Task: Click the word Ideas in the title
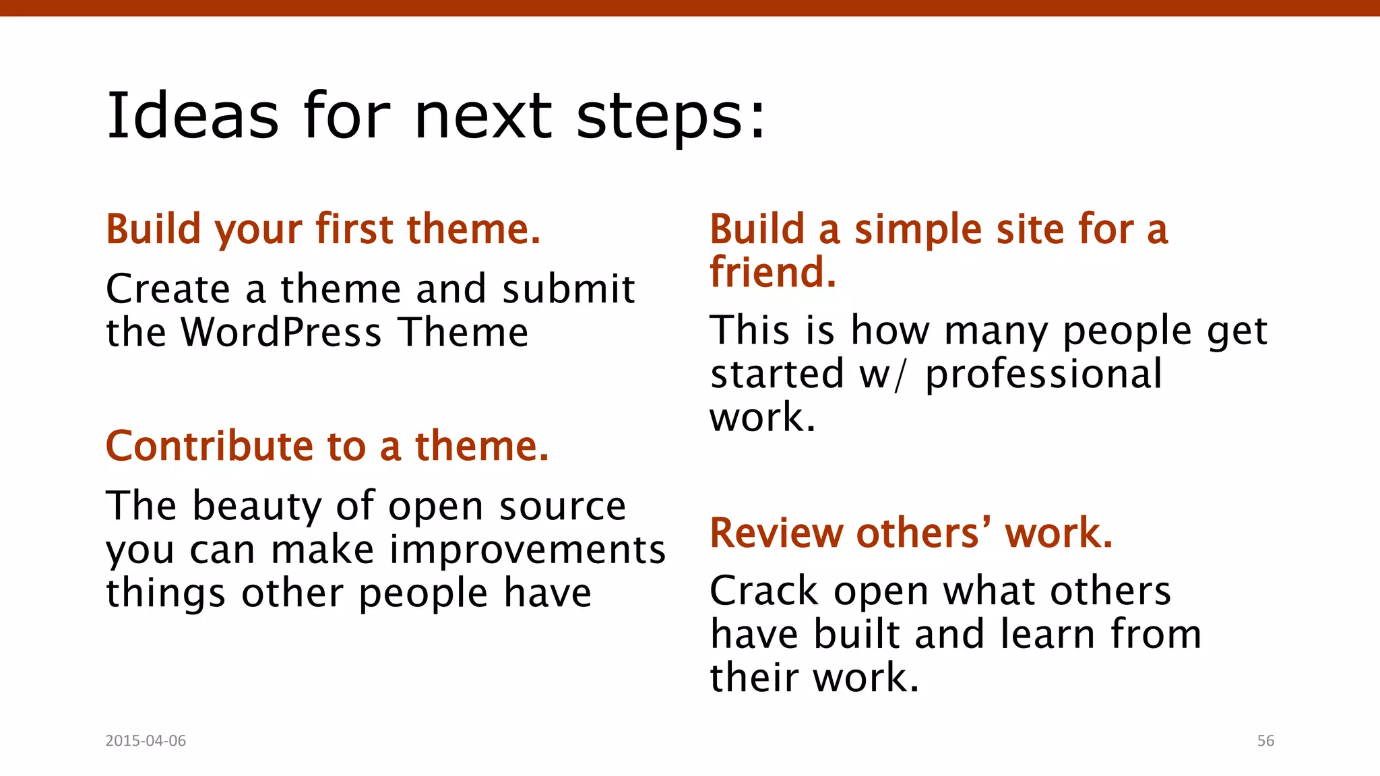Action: click(193, 116)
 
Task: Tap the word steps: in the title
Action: click(671, 116)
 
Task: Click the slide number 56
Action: click(1265, 740)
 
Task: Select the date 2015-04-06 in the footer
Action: click(146, 740)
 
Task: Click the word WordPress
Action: click(282, 333)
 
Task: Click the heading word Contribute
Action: click(210, 446)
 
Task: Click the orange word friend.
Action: click(772, 272)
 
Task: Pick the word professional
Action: click(1043, 374)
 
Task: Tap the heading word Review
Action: click(776, 533)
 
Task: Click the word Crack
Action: click(764, 591)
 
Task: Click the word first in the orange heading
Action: click(354, 229)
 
